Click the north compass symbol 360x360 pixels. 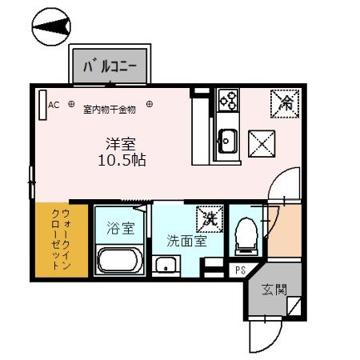tap(51, 26)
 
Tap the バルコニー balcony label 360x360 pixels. tap(110, 66)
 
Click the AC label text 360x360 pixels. tap(54, 105)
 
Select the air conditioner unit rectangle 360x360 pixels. tap(42, 105)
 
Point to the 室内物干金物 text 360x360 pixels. tap(110, 110)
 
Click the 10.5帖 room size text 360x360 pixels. tap(122, 160)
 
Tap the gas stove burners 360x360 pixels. tap(228, 100)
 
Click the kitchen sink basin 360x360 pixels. tap(227, 141)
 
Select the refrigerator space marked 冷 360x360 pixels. tap(285, 103)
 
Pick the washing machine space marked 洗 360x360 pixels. tap(210, 219)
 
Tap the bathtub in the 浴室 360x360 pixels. tap(120, 261)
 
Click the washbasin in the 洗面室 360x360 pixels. tap(166, 264)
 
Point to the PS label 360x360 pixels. tap(240, 270)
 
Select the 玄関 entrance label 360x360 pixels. tap(274, 290)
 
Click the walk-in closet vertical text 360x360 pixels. tap(62, 239)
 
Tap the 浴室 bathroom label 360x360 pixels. tap(121, 228)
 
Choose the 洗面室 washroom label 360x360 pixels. tap(186, 241)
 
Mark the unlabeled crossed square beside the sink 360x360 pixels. tap(262, 144)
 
